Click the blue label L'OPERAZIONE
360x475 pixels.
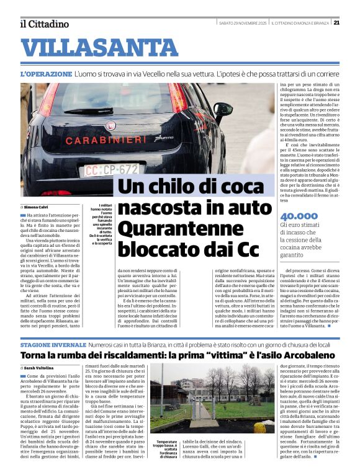coord(46,74)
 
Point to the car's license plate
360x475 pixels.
coord(112,169)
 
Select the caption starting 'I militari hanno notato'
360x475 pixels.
coord(105,224)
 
